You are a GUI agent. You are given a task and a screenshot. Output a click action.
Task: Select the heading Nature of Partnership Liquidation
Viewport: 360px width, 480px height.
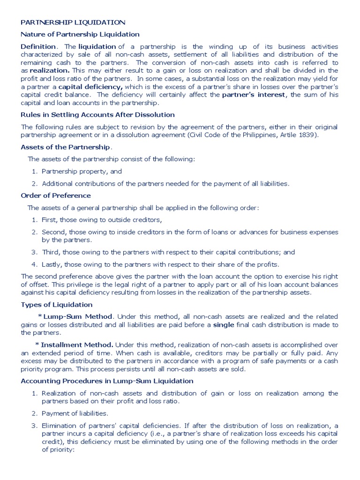click(80, 34)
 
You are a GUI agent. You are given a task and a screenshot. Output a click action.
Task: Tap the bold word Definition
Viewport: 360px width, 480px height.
click(38, 46)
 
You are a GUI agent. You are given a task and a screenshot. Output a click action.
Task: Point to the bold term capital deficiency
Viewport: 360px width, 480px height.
click(90, 87)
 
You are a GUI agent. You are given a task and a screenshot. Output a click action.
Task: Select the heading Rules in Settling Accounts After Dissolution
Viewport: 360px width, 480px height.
click(97, 115)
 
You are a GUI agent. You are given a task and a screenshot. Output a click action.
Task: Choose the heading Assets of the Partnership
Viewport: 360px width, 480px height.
click(66, 147)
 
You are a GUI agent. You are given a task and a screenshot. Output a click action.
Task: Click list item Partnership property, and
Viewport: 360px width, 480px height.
click(82, 172)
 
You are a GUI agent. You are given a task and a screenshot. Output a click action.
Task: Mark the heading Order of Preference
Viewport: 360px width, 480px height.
click(56, 195)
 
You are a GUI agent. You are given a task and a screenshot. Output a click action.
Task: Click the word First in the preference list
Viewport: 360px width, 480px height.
click(49, 220)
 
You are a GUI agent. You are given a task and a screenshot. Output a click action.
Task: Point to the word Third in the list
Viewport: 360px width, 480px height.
click(50, 252)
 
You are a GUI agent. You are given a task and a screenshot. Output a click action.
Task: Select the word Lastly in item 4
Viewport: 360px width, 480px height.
click(52, 264)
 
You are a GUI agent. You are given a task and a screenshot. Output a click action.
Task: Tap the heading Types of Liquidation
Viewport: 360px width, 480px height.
click(57, 305)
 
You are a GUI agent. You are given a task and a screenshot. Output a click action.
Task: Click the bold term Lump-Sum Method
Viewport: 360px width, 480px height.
click(76, 317)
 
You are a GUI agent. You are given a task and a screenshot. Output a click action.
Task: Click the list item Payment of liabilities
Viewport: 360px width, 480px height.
click(75, 413)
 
